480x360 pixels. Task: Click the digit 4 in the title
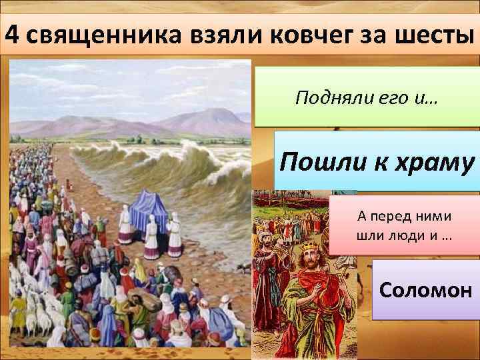coord(11,33)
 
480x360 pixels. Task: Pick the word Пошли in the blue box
coord(321,162)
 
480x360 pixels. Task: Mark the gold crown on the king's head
coord(309,249)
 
